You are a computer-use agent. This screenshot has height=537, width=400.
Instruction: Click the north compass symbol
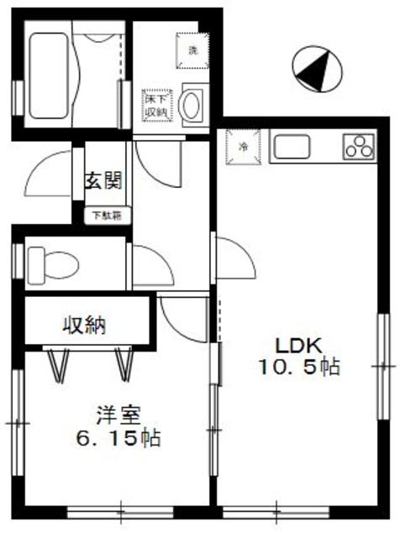point(317,68)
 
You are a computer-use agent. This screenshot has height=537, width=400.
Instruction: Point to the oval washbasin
point(192,107)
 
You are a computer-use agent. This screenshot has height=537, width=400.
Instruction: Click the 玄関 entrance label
point(104,180)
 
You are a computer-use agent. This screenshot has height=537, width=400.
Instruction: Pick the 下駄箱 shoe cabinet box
point(106,215)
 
